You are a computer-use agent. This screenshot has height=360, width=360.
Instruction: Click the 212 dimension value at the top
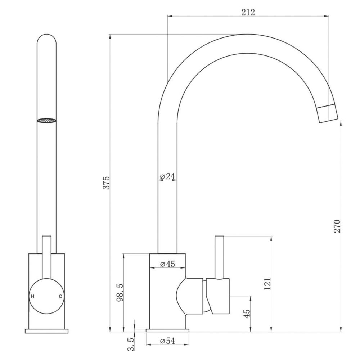tap(248, 12)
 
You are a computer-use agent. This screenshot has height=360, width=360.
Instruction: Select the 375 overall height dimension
tap(107, 183)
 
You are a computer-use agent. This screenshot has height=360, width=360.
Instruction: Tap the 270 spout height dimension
tap(337, 226)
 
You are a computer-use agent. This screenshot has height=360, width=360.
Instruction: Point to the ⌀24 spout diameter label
tap(167, 176)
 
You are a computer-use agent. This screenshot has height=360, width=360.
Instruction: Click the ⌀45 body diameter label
tap(167, 264)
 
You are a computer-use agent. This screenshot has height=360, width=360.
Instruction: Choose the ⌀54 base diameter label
tap(167, 341)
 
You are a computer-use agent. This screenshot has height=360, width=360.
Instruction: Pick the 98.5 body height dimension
tap(120, 292)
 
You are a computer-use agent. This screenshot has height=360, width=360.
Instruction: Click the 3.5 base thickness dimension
tap(131, 344)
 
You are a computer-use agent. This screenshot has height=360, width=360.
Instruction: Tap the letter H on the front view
tap(33, 296)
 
